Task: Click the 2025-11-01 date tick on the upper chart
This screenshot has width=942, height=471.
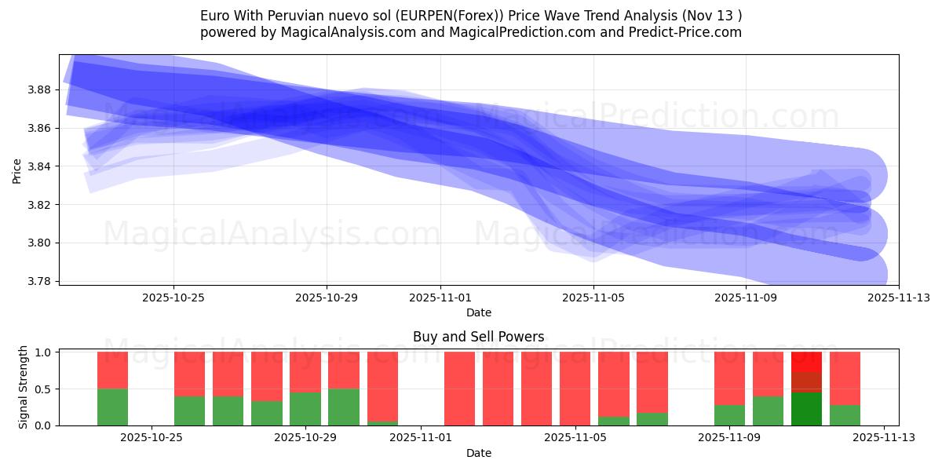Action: (x=440, y=298)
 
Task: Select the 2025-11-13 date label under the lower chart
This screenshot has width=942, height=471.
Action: (x=884, y=438)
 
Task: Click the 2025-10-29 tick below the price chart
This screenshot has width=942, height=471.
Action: (x=327, y=298)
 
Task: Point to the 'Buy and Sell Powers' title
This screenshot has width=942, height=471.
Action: (x=478, y=337)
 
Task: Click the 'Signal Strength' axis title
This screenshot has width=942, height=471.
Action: (x=24, y=387)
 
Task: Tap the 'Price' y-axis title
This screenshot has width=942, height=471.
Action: (x=17, y=170)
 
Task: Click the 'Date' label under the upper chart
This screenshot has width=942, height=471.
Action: (x=478, y=312)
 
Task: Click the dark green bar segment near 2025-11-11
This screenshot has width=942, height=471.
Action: (x=806, y=409)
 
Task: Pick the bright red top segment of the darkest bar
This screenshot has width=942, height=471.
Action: (x=806, y=361)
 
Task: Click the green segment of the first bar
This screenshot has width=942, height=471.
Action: (x=112, y=407)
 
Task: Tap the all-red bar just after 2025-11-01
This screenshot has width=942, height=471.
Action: (x=459, y=389)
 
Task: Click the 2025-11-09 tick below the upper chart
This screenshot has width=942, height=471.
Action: (x=746, y=298)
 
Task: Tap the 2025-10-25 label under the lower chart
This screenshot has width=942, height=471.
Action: (x=152, y=438)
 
